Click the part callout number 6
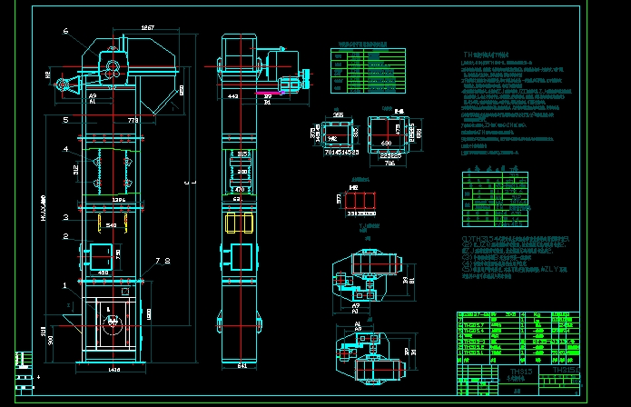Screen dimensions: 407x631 point(65,31)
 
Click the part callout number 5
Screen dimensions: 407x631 point(65,119)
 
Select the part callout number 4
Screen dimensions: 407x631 point(65,148)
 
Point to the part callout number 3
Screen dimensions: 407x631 point(65,217)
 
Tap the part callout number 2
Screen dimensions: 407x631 point(65,235)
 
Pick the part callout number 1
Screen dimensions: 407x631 point(65,283)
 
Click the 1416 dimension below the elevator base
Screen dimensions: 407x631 point(113,371)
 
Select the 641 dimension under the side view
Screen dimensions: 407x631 point(240,366)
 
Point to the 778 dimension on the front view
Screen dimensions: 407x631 point(133,120)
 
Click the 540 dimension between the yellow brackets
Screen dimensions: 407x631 point(111,224)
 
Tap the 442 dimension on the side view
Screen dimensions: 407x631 point(233,95)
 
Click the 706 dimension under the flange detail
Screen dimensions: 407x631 point(389,164)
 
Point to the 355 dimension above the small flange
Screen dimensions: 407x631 point(338,115)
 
